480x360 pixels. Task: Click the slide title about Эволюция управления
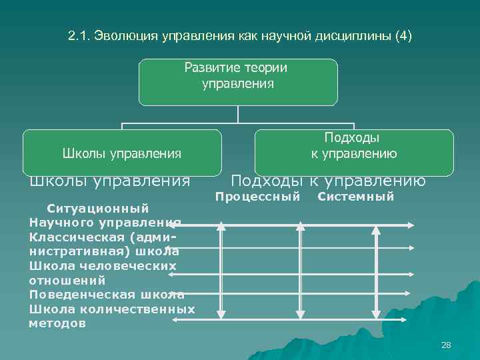click(240, 35)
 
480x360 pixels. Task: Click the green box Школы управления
click(122, 154)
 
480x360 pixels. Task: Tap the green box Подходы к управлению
click(354, 146)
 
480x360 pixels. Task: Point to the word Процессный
click(257, 197)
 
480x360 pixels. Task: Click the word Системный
click(356, 197)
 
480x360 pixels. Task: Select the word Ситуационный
click(91, 208)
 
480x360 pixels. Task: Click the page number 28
click(446, 345)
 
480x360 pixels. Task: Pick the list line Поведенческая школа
click(107, 295)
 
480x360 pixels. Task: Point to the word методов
click(57, 323)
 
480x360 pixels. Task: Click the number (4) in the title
click(403, 35)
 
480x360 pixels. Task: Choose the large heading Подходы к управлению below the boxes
click(328, 181)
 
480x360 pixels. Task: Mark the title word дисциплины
click(353, 35)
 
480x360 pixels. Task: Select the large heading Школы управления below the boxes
click(109, 181)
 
